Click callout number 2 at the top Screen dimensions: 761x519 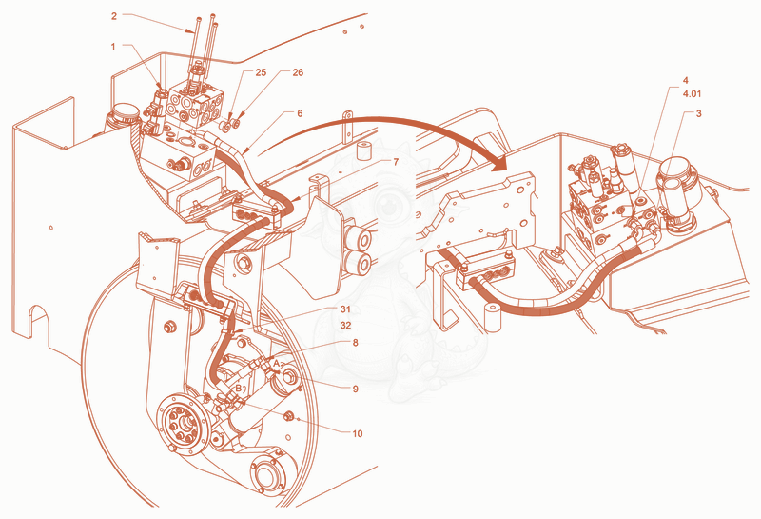[x=114, y=16]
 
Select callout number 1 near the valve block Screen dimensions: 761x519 [x=113, y=47]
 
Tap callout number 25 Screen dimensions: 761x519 [x=261, y=72]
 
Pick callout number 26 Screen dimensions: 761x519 [x=298, y=72]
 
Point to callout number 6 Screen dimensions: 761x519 [x=300, y=113]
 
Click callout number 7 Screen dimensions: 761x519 [x=396, y=162]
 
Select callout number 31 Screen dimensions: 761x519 [x=345, y=309]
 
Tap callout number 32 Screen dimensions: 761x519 [x=345, y=325]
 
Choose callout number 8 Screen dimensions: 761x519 [x=355, y=343]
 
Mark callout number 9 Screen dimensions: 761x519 [x=355, y=389]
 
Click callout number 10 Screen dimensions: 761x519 [x=358, y=433]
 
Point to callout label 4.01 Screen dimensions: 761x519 [x=692, y=93]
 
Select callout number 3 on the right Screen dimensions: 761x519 [x=698, y=113]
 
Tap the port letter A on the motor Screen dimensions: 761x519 [x=276, y=363]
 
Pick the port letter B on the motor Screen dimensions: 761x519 [x=239, y=388]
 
